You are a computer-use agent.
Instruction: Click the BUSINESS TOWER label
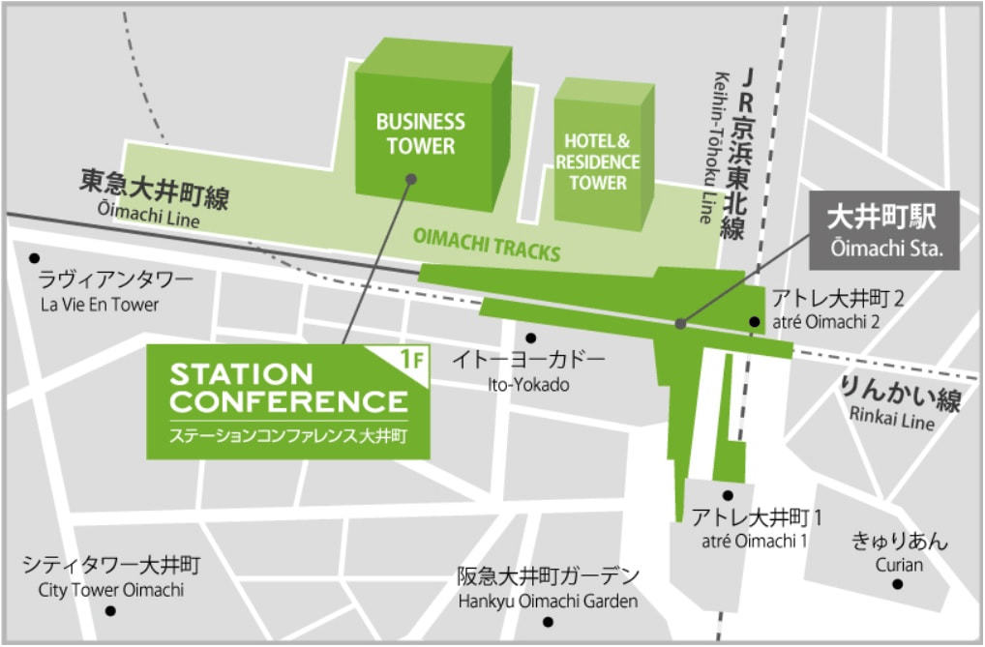coord(420,134)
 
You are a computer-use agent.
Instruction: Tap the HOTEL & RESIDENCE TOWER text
coord(597,162)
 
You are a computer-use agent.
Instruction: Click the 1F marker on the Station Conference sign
coord(412,360)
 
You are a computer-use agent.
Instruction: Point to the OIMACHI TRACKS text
coord(487,244)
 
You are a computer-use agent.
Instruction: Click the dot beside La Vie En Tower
coord(35,258)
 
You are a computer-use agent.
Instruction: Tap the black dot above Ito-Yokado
coord(530,338)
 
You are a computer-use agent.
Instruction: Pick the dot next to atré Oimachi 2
coord(755,322)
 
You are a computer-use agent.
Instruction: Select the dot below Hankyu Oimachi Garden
coord(548,622)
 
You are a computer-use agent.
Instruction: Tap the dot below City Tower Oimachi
coord(110,611)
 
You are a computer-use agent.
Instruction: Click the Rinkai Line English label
coord(891,422)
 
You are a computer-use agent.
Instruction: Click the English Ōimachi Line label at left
coord(148,221)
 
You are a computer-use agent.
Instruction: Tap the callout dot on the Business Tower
coord(411,179)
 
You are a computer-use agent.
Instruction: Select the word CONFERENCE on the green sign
coord(288,401)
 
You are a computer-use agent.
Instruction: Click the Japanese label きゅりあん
coord(899,541)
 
